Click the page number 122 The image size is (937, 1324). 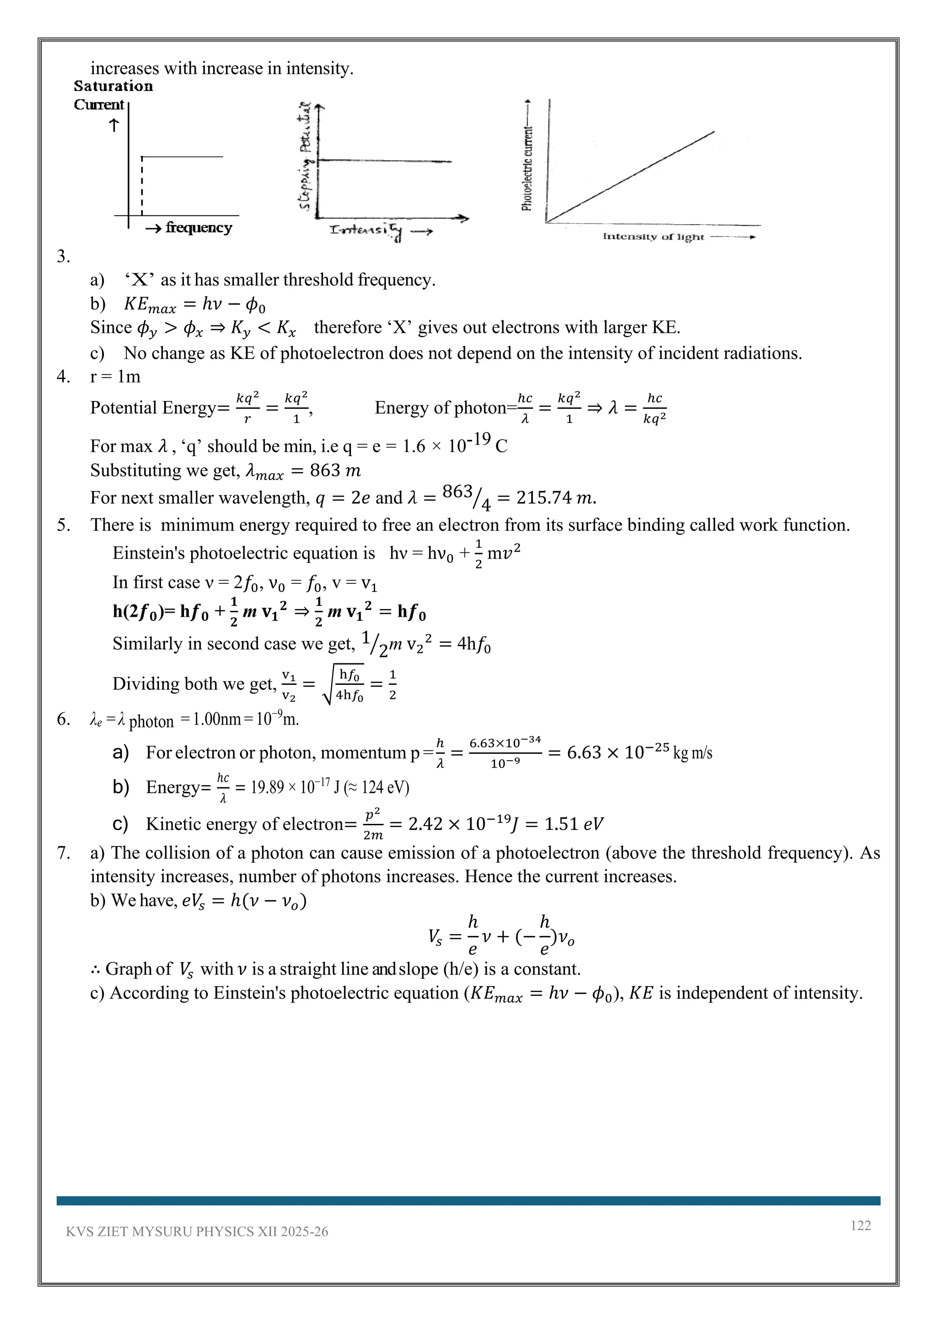coord(860,1225)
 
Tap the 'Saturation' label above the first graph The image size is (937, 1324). coord(113,86)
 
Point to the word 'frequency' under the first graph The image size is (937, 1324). coord(199,228)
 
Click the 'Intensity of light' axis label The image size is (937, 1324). coord(653,236)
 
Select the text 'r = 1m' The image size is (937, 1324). coord(115,377)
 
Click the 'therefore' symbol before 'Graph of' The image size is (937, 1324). coord(95,969)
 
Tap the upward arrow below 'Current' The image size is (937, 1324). coord(114,125)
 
